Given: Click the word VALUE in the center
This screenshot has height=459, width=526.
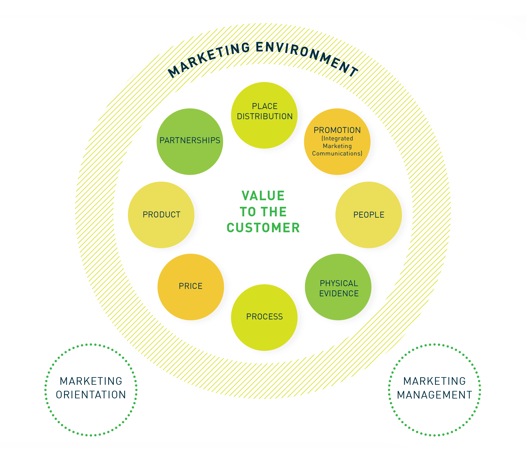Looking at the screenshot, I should click(263, 196).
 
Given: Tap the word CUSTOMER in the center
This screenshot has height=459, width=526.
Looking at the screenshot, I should click(263, 228).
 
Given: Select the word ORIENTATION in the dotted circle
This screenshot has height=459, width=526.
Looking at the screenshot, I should click(91, 395).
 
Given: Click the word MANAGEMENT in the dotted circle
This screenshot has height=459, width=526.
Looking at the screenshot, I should click(434, 395).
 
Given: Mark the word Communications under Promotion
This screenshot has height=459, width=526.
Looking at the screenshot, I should click(337, 153).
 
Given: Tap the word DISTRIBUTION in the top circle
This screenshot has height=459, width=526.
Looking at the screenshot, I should click(264, 116).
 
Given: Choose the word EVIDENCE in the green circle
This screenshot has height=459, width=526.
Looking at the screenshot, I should click(339, 293).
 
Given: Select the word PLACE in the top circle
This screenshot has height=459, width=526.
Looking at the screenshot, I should click(264, 106).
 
